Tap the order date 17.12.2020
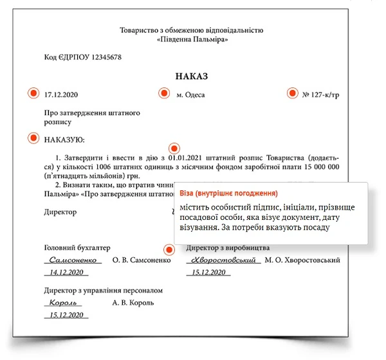(x=61, y=94)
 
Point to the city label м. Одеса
(x=190, y=94)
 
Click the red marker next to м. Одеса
(x=163, y=94)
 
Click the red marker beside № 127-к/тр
(x=292, y=94)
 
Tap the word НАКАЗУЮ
(x=64, y=138)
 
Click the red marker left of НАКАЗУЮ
(x=33, y=138)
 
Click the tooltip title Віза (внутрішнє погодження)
(x=228, y=193)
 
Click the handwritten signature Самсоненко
(x=73, y=260)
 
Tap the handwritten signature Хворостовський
(x=222, y=260)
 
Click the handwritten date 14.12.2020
(x=68, y=273)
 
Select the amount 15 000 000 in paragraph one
(x=316, y=165)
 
